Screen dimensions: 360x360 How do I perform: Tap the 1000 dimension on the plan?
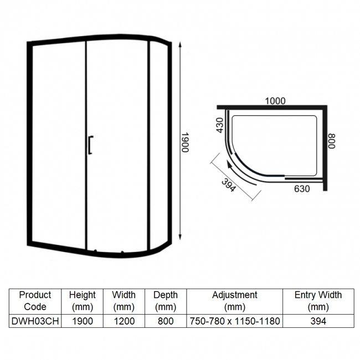[275, 101]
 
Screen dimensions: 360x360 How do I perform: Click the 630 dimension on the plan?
[302, 189]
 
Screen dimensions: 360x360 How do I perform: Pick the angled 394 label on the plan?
[228, 186]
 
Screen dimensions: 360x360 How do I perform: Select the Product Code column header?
[35, 301]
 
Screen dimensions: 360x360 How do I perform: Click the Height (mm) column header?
[83, 301]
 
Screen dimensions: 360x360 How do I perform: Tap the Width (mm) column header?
[124, 301]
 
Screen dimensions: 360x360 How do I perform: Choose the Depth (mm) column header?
[165, 301]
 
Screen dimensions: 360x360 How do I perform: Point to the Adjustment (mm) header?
[234, 301]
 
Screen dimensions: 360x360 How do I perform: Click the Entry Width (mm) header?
[318, 301]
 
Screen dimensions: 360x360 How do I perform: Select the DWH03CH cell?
[35, 321]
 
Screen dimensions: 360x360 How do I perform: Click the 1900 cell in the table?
[83, 321]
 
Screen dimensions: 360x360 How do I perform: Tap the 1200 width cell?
[124, 321]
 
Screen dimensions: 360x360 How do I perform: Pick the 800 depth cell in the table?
[165, 321]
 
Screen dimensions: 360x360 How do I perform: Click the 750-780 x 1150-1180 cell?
[234, 321]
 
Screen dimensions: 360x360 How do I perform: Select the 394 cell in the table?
[318, 321]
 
